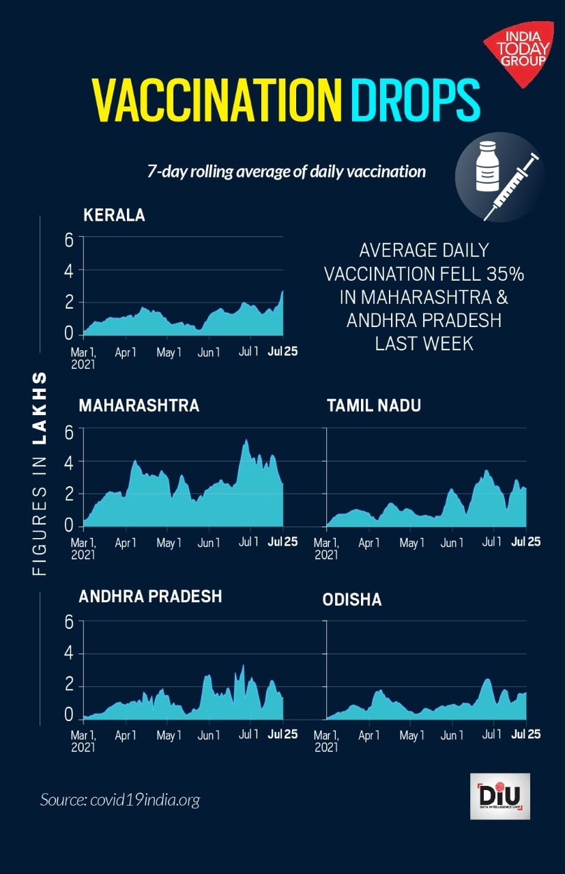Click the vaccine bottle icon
(x=485, y=167)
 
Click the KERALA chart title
(x=114, y=215)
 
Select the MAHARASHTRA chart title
(x=139, y=406)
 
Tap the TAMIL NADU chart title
(x=374, y=406)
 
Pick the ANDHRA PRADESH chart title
(x=150, y=596)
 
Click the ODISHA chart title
(x=352, y=600)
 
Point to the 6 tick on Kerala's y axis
(x=69, y=239)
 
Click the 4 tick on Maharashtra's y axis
(x=69, y=462)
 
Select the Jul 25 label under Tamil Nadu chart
(x=526, y=542)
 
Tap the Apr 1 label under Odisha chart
(x=369, y=736)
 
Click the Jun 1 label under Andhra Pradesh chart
(x=209, y=736)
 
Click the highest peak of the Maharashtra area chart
(x=246, y=440)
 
